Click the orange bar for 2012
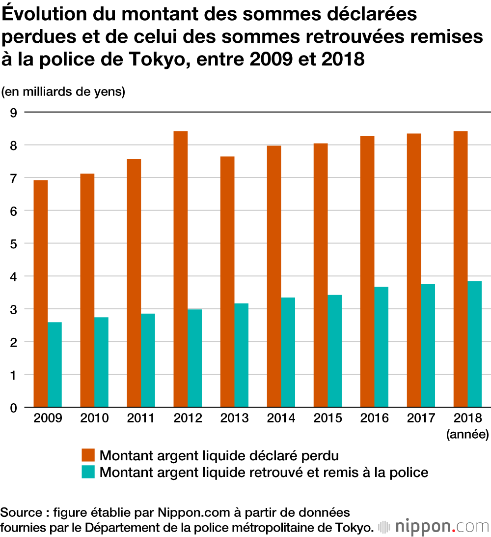click(181, 269)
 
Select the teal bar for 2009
click(55, 364)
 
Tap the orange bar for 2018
click(461, 269)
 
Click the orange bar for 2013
click(227, 281)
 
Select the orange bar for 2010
click(87, 290)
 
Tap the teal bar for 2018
click(474, 344)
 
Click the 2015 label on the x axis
click(327, 418)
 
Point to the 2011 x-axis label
click(140, 418)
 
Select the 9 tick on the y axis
click(13, 113)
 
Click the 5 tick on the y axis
click(13, 243)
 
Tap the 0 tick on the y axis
click(13, 408)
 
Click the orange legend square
click(88, 455)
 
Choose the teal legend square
click(88, 472)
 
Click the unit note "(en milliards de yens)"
click(63, 91)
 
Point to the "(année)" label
click(467, 434)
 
